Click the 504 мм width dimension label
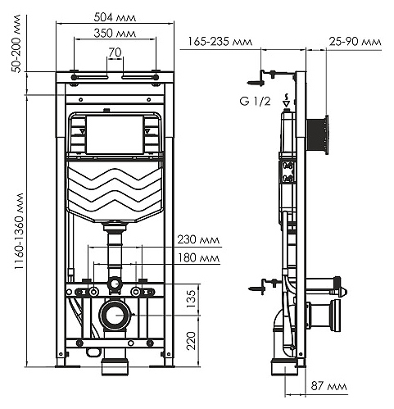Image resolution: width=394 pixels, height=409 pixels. click(115, 17)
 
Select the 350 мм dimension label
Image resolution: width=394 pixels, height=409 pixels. click(115, 34)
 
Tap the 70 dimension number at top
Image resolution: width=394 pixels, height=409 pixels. click(115, 52)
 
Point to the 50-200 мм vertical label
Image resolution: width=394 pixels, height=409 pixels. click(16, 44)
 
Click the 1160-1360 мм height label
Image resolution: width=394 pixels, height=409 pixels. click(20, 231)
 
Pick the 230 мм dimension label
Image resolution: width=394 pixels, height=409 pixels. click(198, 239)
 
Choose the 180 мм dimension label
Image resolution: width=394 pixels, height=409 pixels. click(198, 258)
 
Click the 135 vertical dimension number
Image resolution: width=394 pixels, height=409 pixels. click(192, 298)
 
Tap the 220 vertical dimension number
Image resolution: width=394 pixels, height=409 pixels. click(192, 340)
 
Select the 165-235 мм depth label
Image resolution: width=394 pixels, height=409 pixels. click(220, 42)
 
